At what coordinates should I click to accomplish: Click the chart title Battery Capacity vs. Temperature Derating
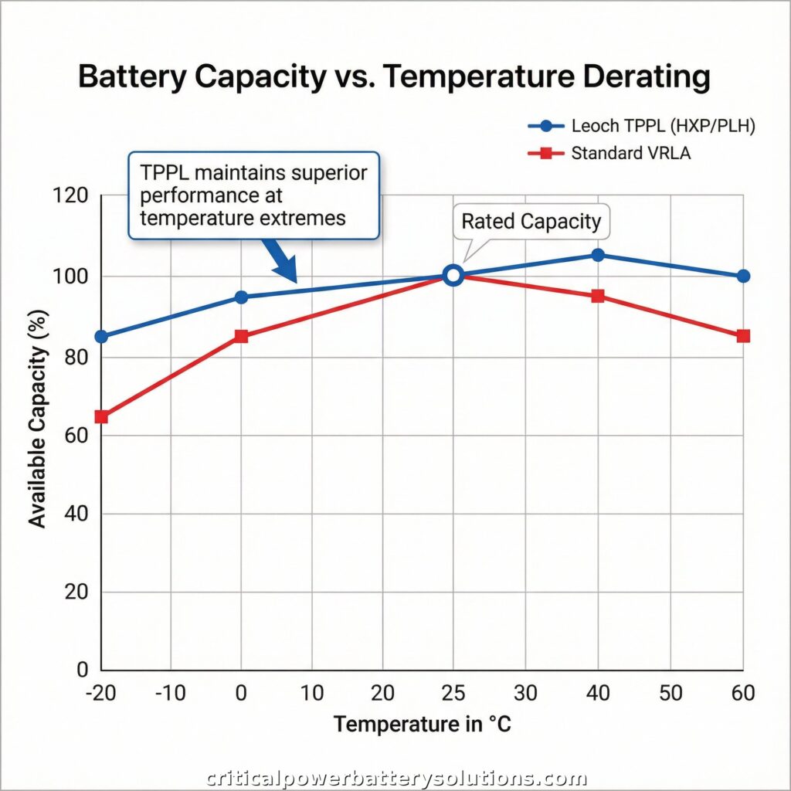tap(395, 78)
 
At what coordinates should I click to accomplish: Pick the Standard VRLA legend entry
tap(630, 153)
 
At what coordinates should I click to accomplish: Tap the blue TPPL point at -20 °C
tap(100, 337)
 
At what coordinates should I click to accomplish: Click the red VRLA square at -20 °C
tap(100, 417)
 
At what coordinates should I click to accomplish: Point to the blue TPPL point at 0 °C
tap(241, 297)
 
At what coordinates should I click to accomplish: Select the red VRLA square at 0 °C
tap(241, 337)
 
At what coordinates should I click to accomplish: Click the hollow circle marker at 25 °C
tap(453, 276)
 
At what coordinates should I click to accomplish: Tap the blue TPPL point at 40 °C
tap(597, 255)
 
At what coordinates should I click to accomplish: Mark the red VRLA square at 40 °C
tap(597, 297)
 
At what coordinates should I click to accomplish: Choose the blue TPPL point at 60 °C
tap(743, 276)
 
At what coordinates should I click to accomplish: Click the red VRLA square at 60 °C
tap(743, 336)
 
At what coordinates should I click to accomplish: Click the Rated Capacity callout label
tap(531, 222)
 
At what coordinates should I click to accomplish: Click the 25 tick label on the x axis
tap(453, 694)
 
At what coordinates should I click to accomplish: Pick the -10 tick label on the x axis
tap(170, 694)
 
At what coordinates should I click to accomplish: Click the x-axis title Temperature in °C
tap(422, 725)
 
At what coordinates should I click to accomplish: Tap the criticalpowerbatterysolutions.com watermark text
tap(395, 778)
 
